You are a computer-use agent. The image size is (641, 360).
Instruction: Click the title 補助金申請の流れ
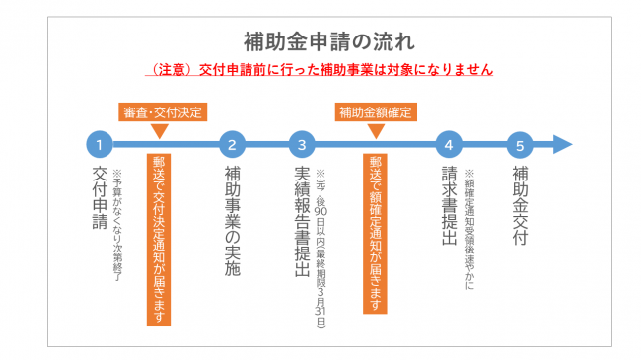point(320,42)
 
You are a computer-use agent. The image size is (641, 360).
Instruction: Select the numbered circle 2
point(232,145)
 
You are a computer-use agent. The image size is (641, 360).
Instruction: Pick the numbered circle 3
point(302,145)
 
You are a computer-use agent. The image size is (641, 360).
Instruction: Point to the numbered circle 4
point(448,145)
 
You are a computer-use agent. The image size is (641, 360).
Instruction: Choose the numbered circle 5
point(519,145)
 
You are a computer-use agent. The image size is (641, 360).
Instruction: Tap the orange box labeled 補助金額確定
point(375,111)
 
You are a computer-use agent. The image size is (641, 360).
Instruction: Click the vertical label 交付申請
point(99,197)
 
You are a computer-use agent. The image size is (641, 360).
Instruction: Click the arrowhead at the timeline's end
point(561,145)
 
